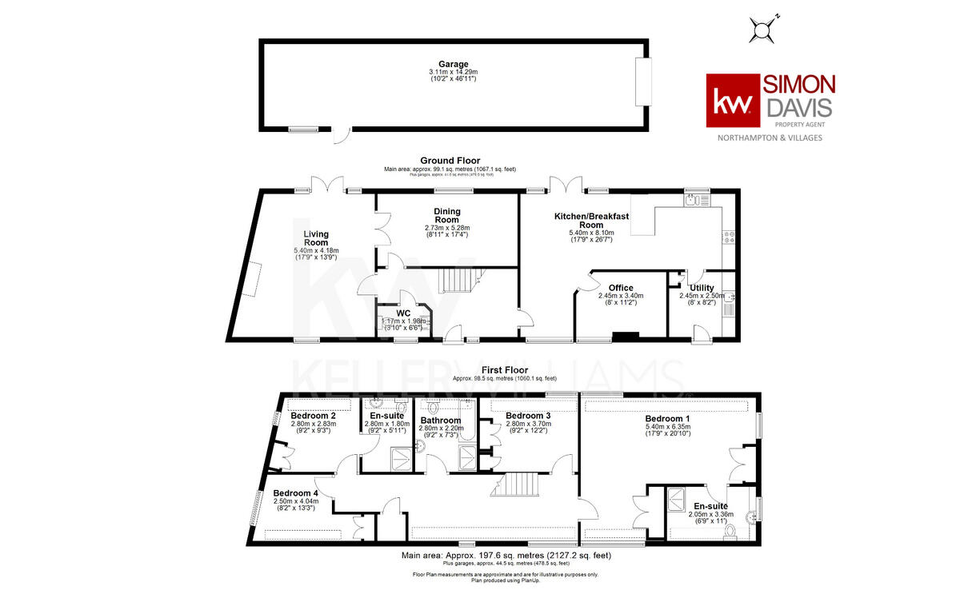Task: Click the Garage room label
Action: tap(453, 65)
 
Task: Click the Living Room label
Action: tap(316, 238)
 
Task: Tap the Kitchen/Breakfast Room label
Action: tap(592, 221)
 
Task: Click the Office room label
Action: tap(621, 288)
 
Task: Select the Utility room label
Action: tap(702, 288)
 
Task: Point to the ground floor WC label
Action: tap(404, 313)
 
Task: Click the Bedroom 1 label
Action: tap(668, 419)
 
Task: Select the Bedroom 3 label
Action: tap(528, 416)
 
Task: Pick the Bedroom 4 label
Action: tap(296, 493)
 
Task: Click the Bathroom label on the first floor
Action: tap(440, 421)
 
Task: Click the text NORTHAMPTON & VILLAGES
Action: tap(768, 138)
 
